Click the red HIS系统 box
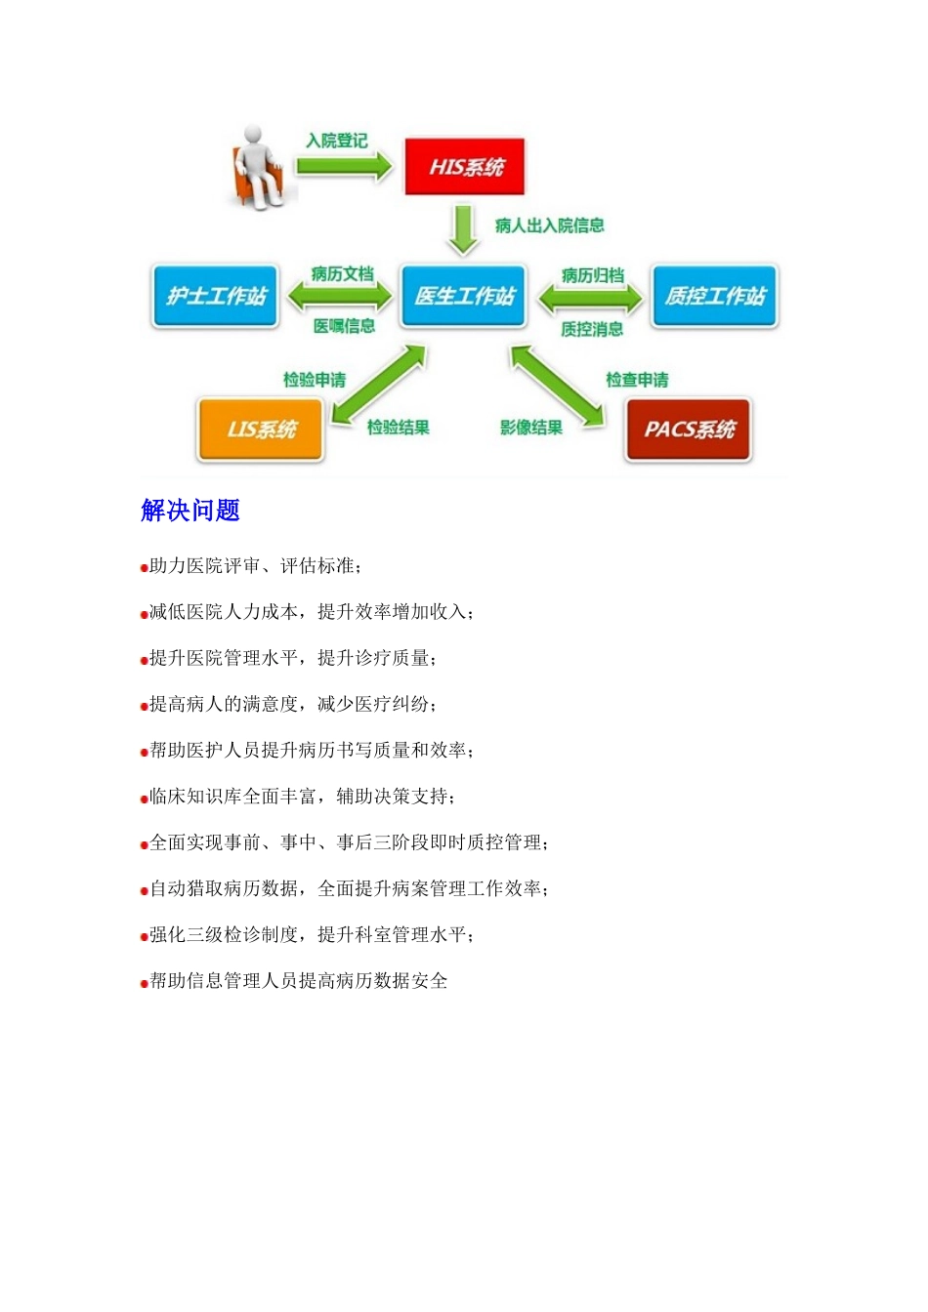[x=465, y=167]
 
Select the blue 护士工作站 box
[x=216, y=296]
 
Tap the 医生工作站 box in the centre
[x=464, y=296]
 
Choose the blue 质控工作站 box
[x=714, y=296]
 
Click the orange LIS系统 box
[x=261, y=429]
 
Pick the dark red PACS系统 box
[x=688, y=429]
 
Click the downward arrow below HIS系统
[x=463, y=228]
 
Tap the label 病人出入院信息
[x=549, y=225]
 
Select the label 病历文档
[x=342, y=274]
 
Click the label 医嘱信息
[x=344, y=326]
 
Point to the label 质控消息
[x=592, y=329]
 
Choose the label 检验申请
[x=315, y=380]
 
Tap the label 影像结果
[x=531, y=428]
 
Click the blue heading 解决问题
[x=190, y=511]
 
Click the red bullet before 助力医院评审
[x=144, y=568]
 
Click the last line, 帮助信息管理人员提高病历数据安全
[x=298, y=981]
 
